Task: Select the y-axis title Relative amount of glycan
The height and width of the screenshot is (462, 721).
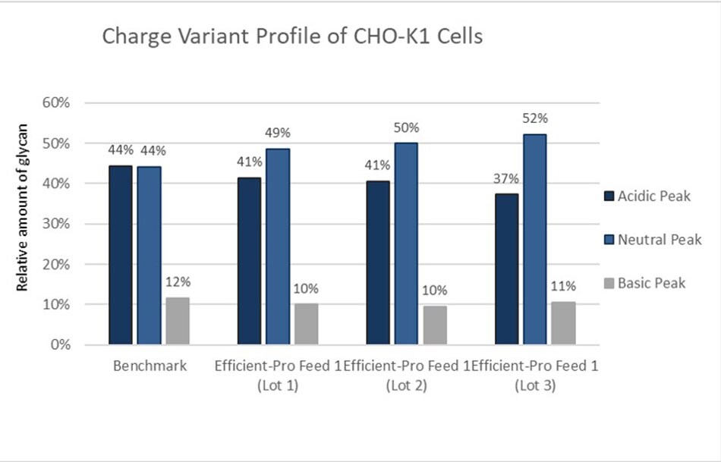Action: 23,206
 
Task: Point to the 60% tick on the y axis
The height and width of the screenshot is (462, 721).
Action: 64,103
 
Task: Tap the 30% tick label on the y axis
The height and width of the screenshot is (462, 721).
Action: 64,224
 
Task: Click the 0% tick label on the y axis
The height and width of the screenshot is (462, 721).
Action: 67,344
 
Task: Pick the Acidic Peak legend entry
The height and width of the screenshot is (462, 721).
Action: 645,196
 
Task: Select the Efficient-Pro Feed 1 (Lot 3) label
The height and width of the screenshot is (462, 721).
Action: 535,376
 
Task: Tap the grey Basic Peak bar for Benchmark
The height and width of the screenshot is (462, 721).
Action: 178,321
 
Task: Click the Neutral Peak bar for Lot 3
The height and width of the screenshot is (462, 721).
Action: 535,240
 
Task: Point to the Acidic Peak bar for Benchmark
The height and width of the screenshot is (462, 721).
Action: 121,255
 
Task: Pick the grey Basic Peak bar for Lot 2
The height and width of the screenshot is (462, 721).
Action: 435,325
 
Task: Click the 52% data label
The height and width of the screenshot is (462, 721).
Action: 535,118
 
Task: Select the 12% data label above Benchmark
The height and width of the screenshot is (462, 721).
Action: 178,282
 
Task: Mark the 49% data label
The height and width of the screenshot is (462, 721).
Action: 278,134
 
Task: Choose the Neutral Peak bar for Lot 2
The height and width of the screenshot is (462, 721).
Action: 407,244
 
